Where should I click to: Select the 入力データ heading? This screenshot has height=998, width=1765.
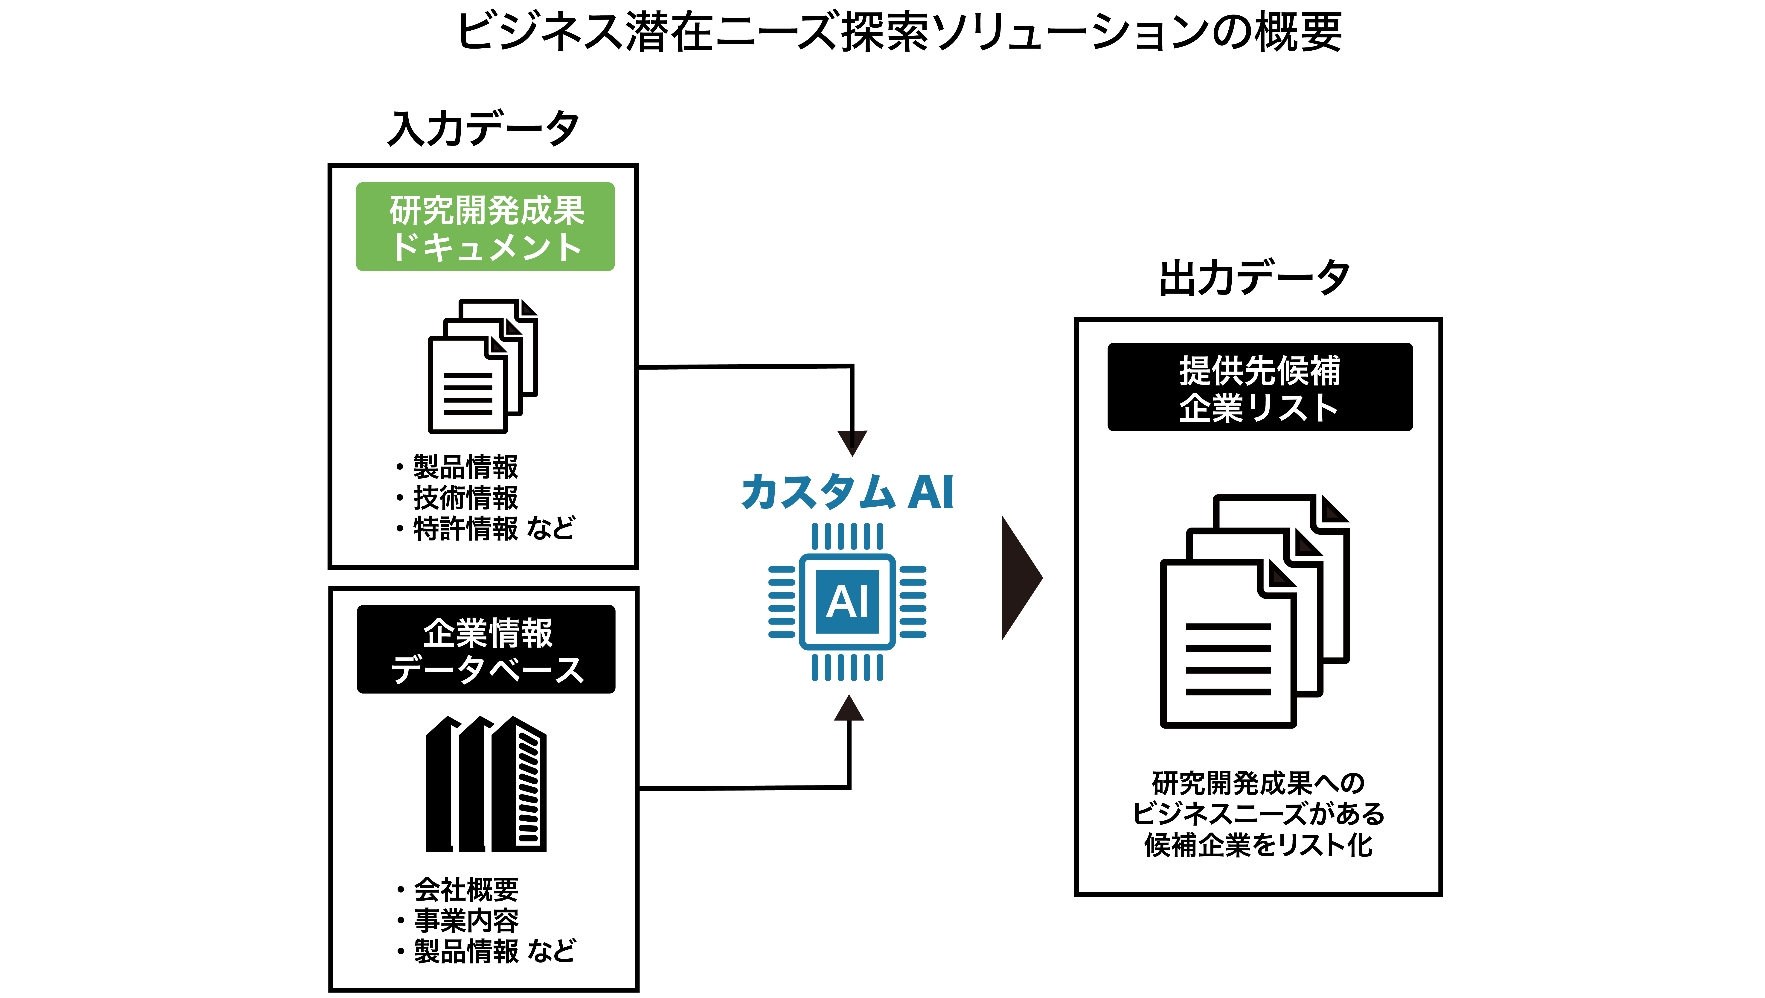tap(484, 128)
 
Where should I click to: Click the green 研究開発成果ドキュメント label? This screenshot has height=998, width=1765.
tap(485, 227)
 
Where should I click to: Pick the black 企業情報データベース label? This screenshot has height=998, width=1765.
tap(486, 649)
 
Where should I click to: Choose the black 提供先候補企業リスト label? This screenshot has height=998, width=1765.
tap(1260, 387)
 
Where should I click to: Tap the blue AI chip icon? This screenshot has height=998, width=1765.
tap(848, 602)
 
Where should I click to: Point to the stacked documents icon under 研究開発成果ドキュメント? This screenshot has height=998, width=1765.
tap(483, 366)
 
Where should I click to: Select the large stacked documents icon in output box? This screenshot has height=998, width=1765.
tap(1255, 611)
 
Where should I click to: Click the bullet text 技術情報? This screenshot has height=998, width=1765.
tap(466, 498)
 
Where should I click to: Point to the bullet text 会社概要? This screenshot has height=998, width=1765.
tap(466, 890)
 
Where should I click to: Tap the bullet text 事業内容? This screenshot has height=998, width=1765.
tap(466, 920)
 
